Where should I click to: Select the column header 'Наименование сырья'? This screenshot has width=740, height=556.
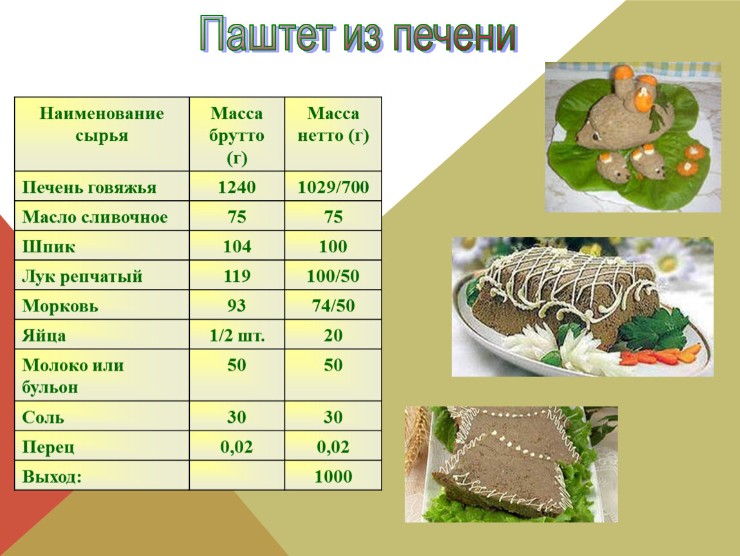tap(102, 124)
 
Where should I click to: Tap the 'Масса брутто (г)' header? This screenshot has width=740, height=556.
tap(236, 135)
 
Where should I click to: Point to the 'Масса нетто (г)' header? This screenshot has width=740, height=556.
tap(333, 124)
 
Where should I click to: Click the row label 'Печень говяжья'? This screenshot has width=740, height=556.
tap(89, 187)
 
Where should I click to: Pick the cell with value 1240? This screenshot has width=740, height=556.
tap(236, 187)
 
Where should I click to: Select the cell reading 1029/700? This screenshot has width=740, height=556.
tap(333, 187)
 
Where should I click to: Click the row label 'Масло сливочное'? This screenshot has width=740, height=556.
tap(95, 217)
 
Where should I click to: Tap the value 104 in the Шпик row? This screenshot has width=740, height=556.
tap(236, 246)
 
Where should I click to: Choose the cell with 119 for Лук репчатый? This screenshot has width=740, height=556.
tap(236, 276)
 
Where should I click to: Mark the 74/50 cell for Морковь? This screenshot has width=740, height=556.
tap(333, 306)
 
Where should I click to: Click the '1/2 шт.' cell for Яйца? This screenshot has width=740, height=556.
tap(237, 335)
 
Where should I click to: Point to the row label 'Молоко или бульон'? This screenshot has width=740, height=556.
tap(73, 376)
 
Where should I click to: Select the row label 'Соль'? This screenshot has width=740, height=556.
tap(43, 418)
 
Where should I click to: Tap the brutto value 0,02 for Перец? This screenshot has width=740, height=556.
tap(236, 447)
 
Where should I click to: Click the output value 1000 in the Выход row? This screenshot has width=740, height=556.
tap(333, 477)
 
